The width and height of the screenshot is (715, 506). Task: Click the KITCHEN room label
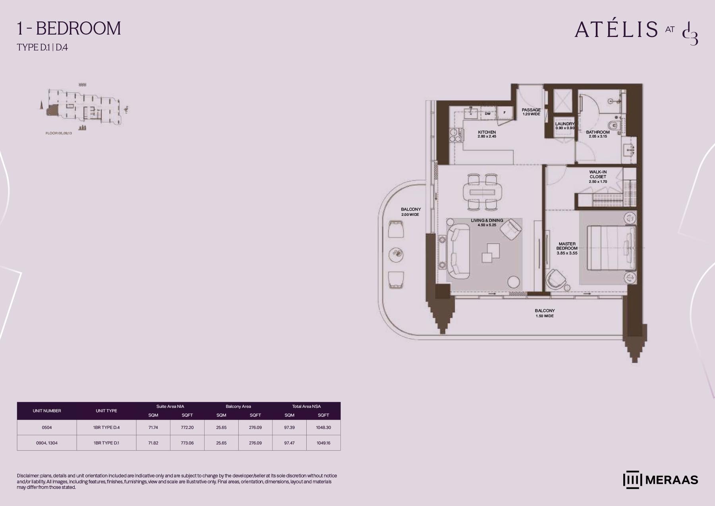pos(487,132)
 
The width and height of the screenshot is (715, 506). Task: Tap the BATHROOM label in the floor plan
pos(597,132)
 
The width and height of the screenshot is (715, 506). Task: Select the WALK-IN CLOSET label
pos(598,174)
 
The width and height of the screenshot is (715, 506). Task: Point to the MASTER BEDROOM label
pos(567,246)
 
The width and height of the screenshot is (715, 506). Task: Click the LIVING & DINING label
pos(487,221)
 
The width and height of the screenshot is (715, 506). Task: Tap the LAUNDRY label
pos(565,124)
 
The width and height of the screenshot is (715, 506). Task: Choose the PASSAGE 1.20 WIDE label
pos(531,112)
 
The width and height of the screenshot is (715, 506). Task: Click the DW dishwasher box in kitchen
pos(488,113)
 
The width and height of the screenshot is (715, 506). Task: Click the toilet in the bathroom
pos(615,126)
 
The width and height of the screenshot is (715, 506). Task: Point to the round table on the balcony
pos(396,254)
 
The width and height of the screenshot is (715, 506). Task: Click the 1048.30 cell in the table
pos(323,428)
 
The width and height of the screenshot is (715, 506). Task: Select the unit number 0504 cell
pos(47,428)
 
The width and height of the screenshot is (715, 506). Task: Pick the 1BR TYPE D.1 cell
pos(106,443)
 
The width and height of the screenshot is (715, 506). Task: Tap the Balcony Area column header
pos(238,406)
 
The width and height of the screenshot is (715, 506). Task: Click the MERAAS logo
pos(660,480)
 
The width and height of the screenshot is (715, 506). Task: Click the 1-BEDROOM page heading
pos(69,29)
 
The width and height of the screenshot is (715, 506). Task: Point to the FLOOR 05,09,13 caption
pos(59,133)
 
